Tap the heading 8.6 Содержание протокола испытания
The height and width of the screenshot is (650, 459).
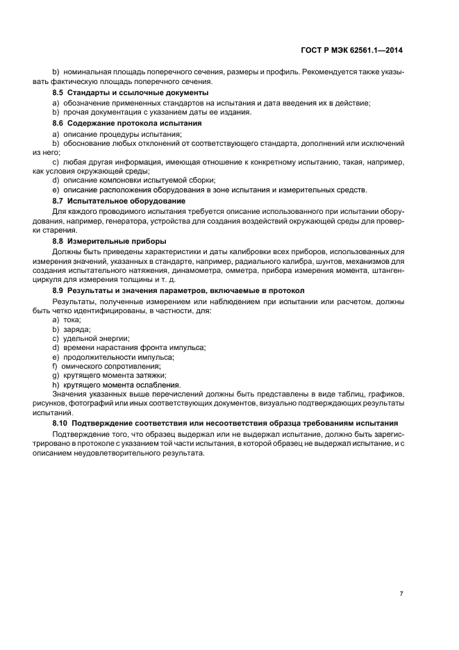point(128,123)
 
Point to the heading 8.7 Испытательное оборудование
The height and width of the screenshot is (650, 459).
point(119,201)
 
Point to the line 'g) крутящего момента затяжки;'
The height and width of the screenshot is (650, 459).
point(110,375)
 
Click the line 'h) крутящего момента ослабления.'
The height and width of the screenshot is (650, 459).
point(117,385)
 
